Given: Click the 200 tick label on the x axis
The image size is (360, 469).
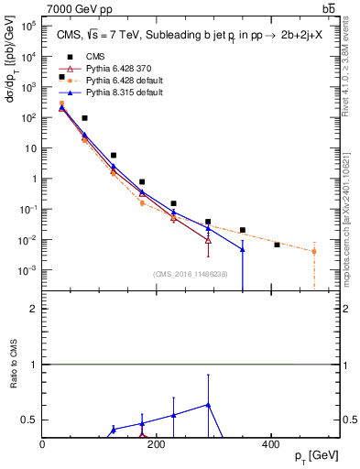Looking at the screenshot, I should point(157,445).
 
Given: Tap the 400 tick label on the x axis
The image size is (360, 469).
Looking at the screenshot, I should point(270,445).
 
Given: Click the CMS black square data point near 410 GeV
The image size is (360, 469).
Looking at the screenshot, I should point(277,245).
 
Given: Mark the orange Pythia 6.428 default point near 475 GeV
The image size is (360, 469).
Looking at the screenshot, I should point(314,251).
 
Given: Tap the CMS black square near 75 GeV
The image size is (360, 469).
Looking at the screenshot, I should point(84,118).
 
